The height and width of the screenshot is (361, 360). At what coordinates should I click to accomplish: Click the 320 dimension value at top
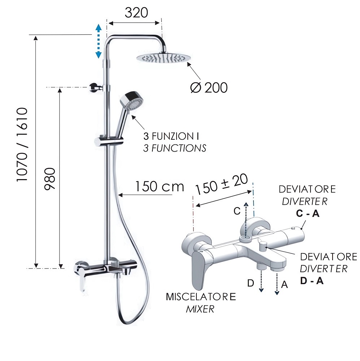point(136,13)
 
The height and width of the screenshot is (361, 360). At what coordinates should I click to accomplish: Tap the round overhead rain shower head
point(164,58)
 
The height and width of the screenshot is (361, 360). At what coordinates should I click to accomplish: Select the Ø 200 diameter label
point(209,88)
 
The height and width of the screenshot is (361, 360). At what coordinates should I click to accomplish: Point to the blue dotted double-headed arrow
point(99,41)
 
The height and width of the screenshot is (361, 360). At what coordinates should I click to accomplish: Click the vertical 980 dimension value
point(50,179)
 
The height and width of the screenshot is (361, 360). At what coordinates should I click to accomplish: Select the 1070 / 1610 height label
point(22,145)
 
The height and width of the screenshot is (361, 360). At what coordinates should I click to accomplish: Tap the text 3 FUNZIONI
point(171,136)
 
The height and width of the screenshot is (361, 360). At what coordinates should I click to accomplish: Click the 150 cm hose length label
point(159,186)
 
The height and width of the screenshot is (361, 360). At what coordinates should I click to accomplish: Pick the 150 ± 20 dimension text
point(222,184)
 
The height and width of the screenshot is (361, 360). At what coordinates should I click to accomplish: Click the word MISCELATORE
point(201,297)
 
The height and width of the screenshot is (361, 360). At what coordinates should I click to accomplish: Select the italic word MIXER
point(200,309)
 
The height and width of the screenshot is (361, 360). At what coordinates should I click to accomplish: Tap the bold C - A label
point(308,214)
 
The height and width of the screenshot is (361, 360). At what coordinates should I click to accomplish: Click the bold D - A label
point(312,281)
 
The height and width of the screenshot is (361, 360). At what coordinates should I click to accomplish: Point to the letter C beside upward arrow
point(237,211)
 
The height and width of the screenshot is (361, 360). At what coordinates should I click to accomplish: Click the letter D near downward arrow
point(251,283)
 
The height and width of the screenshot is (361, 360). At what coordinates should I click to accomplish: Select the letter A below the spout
point(285,285)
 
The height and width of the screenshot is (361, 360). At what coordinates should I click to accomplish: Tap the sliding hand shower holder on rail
point(109,141)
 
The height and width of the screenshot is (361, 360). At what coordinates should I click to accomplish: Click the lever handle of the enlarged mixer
point(200,269)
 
